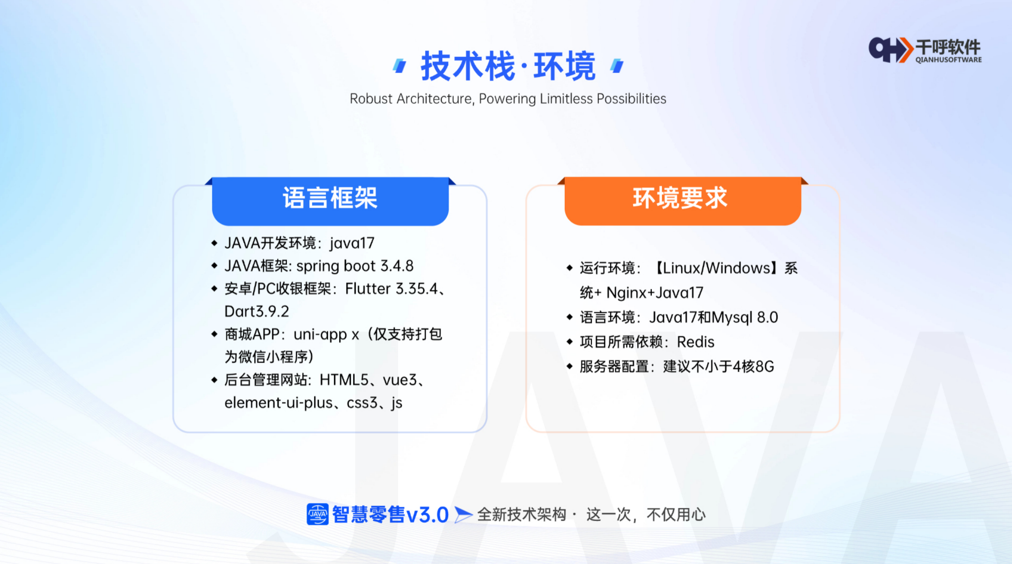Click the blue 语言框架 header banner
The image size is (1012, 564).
click(x=330, y=201)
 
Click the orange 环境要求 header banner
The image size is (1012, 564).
click(x=683, y=201)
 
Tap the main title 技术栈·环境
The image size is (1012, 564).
click(x=508, y=67)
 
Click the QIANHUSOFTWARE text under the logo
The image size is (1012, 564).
click(x=949, y=60)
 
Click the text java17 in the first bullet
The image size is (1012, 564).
click(x=352, y=243)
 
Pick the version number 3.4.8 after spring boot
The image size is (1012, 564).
click(x=397, y=266)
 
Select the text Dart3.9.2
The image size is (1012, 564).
click(x=257, y=311)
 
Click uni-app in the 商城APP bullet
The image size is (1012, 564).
click(x=320, y=334)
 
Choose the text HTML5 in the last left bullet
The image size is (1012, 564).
click(x=344, y=379)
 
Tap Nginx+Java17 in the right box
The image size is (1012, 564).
click(x=655, y=292)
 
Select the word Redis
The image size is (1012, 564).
click(x=695, y=342)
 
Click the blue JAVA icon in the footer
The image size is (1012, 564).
click(x=317, y=514)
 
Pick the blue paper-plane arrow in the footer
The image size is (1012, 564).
click(x=463, y=515)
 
